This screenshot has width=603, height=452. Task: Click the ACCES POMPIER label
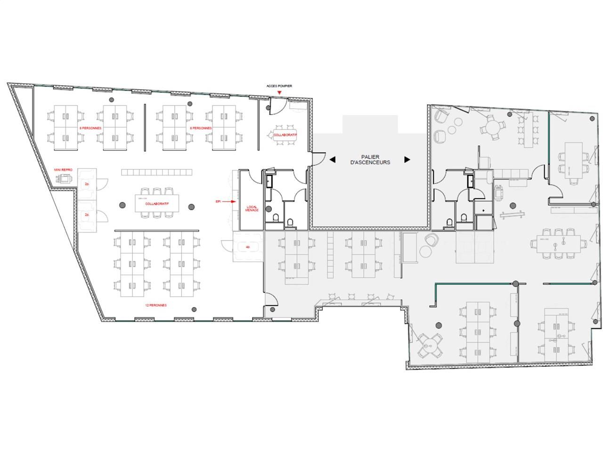point(279,86)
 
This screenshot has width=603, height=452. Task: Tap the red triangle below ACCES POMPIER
point(280,93)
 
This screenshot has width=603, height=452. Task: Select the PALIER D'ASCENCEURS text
point(370,160)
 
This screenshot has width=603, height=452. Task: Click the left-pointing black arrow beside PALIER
point(332,160)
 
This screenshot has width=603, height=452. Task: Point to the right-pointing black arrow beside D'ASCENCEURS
point(407,160)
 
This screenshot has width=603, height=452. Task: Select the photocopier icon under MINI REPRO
point(64,178)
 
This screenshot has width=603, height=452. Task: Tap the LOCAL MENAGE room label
point(252,208)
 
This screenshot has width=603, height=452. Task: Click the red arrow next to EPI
point(229,201)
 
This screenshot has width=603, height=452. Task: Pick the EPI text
point(218,201)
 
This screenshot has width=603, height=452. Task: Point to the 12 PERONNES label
point(155,305)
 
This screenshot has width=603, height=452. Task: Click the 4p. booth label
point(246,246)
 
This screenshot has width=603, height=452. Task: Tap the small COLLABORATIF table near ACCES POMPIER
point(285,135)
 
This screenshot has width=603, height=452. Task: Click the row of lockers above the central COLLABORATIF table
point(157,172)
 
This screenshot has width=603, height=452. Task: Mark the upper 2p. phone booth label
point(87,184)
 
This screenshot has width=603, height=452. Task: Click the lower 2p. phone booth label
point(87,214)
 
